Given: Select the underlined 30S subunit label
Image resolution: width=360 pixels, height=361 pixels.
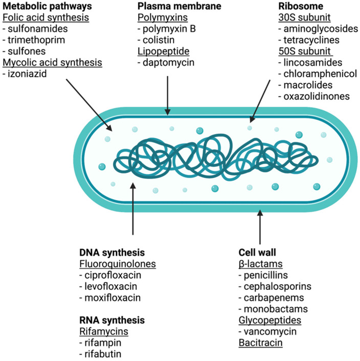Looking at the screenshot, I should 303,17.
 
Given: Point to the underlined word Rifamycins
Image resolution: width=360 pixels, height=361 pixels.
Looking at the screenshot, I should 104,332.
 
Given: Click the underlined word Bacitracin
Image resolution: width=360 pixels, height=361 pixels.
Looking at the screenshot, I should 260,343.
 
